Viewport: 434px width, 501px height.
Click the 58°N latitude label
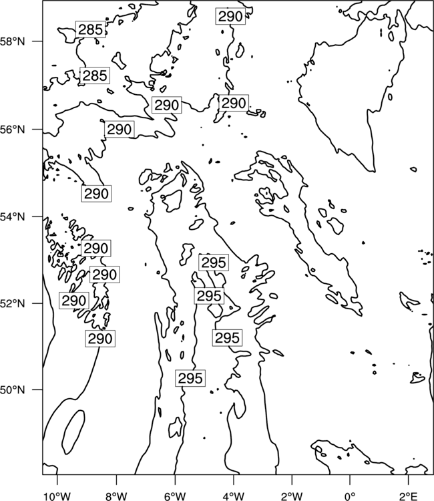[x=13, y=41]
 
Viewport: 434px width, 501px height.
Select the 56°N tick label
[x=13, y=130]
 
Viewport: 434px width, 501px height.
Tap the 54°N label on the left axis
[x=13, y=217]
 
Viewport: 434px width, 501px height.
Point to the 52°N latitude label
[x=13, y=303]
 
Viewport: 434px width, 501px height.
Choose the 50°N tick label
[x=13, y=390]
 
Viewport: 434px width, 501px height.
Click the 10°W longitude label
[x=57, y=496]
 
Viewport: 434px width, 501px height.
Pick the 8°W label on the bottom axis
[x=116, y=496]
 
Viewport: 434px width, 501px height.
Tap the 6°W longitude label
[x=175, y=496]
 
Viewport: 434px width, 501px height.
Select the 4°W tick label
[x=233, y=496]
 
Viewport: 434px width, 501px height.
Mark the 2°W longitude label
[x=292, y=496]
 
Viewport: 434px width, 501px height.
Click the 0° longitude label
[x=350, y=496]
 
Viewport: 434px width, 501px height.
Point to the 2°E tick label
[x=409, y=496]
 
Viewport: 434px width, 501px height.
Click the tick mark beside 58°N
[x=37, y=41]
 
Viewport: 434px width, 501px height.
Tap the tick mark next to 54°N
[x=37, y=216]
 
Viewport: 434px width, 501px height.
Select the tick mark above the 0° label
[x=350, y=479]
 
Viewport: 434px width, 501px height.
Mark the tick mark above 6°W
[x=175, y=479]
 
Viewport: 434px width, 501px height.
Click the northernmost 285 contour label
[x=91, y=29]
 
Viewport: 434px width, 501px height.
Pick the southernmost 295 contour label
[x=190, y=378]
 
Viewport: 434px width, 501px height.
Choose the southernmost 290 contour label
[x=100, y=339]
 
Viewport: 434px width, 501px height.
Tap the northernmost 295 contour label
[x=214, y=263]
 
